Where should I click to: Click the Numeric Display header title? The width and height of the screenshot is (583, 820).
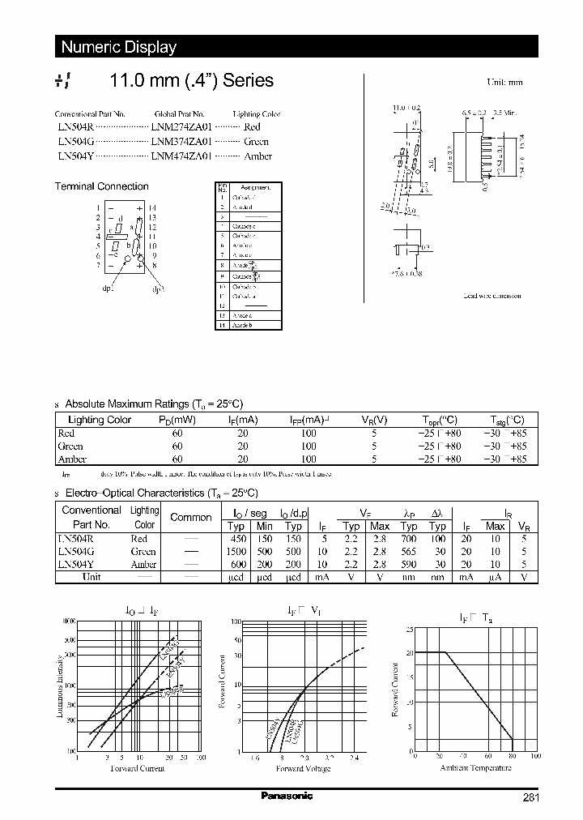[119, 47]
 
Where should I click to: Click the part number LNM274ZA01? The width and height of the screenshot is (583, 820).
[180, 127]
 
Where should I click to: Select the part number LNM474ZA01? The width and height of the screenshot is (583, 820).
[180, 156]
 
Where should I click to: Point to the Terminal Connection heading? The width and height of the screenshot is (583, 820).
[101, 186]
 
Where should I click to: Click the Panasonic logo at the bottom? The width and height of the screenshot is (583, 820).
[287, 797]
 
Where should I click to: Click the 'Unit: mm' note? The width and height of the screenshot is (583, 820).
[504, 83]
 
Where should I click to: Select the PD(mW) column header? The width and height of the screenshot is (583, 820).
[177, 420]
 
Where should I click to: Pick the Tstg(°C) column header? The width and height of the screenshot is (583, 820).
[508, 420]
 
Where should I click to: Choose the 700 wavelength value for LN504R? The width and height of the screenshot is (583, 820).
[409, 538]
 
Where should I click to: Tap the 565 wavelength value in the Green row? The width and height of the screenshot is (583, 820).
[409, 551]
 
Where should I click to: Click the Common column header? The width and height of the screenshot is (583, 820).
[191, 517]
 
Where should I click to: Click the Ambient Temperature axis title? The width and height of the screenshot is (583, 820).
[474, 767]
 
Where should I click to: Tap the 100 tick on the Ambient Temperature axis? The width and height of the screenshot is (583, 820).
[535, 756]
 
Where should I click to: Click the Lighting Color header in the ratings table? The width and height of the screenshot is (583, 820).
[100, 420]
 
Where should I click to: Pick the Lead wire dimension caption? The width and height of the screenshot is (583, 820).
[492, 297]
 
